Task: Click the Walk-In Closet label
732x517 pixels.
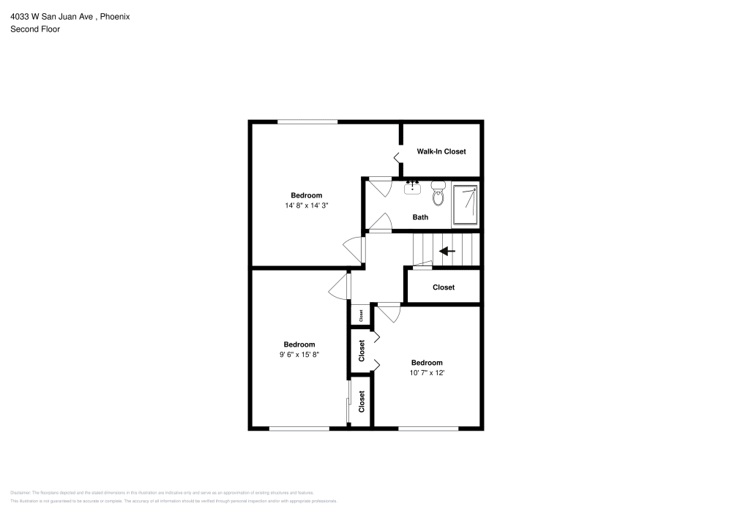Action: [x=441, y=151]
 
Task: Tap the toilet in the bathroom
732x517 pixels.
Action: [x=438, y=195]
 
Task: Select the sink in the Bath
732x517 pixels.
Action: [x=413, y=188]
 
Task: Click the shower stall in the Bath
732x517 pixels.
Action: [x=466, y=205]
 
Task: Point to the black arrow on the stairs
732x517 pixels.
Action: [x=447, y=252]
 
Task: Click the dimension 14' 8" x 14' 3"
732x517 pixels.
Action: [x=306, y=206]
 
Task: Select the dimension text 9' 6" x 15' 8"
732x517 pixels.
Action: [x=299, y=355]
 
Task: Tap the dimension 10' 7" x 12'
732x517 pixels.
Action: [x=426, y=373]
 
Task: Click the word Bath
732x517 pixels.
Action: [x=420, y=217]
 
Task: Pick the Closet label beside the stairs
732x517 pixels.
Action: [x=443, y=287]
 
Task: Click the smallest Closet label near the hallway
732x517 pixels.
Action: [x=360, y=314]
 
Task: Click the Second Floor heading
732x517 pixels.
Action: [x=35, y=29]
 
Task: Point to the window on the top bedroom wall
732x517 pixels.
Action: [x=307, y=121]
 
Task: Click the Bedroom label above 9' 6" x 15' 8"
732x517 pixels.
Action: [x=299, y=344]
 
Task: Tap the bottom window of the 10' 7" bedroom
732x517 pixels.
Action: [x=428, y=429]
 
